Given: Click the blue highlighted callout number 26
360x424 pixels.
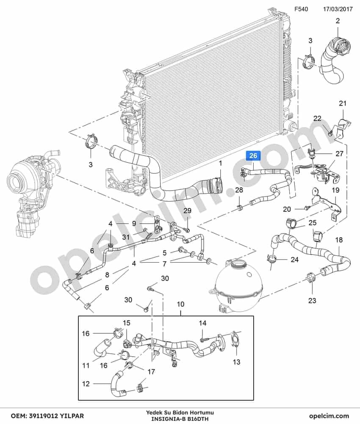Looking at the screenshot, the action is (x=253, y=155).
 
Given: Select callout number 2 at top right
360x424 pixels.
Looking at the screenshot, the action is (x=338, y=21).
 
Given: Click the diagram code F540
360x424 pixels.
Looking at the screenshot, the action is (x=301, y=9).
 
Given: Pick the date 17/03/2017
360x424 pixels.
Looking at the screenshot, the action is (x=338, y=9).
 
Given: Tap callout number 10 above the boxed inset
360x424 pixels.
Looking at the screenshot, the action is (x=180, y=304).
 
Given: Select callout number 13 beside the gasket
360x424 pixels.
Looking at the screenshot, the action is (x=236, y=362).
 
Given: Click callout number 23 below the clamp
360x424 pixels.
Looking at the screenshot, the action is (x=312, y=300).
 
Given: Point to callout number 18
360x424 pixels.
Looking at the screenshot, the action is (x=339, y=240).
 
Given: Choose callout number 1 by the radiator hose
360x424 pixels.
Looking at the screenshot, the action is (x=220, y=164).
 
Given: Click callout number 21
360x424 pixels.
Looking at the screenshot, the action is (x=343, y=103).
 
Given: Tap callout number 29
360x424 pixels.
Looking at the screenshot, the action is (x=188, y=211).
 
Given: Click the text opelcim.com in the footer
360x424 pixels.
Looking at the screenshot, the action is (x=329, y=416).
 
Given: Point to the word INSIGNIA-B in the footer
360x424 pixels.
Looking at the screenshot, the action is (x=165, y=419).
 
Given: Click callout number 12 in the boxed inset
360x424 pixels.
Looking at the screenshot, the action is (x=86, y=384).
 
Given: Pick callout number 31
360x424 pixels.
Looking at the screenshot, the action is (x=126, y=237).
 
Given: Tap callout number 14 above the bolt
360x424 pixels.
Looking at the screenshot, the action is (x=202, y=323).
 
